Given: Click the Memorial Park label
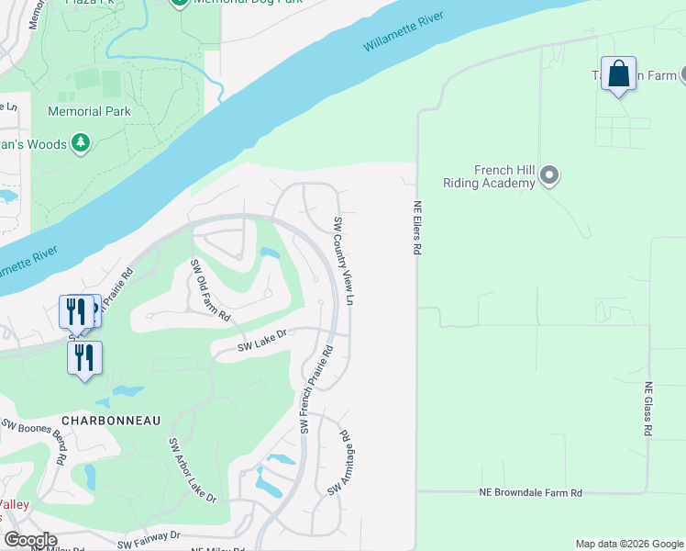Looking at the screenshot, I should pyautogui.click(x=89, y=111).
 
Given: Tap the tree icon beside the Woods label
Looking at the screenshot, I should pyautogui.click(x=82, y=143).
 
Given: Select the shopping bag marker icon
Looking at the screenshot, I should pyautogui.click(x=619, y=73).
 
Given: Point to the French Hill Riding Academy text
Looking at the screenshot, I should pyautogui.click(x=489, y=176).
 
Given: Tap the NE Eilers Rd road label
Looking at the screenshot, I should pyautogui.click(x=416, y=228).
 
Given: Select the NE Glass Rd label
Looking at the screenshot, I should pyautogui.click(x=647, y=409).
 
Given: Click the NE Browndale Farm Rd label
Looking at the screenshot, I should pyautogui.click(x=531, y=493).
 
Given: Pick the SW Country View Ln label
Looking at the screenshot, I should pyautogui.click(x=344, y=262).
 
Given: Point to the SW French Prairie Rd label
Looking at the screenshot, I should pyautogui.click(x=315, y=389).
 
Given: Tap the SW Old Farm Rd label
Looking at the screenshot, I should pyautogui.click(x=209, y=290).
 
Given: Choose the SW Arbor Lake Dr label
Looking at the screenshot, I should pyautogui.click(x=192, y=469).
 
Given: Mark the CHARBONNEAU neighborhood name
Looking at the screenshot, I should pyautogui.click(x=111, y=420).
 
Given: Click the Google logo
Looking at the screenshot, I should pyautogui.click(x=30, y=540).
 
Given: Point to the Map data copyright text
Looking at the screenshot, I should pyautogui.click(x=628, y=544).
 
